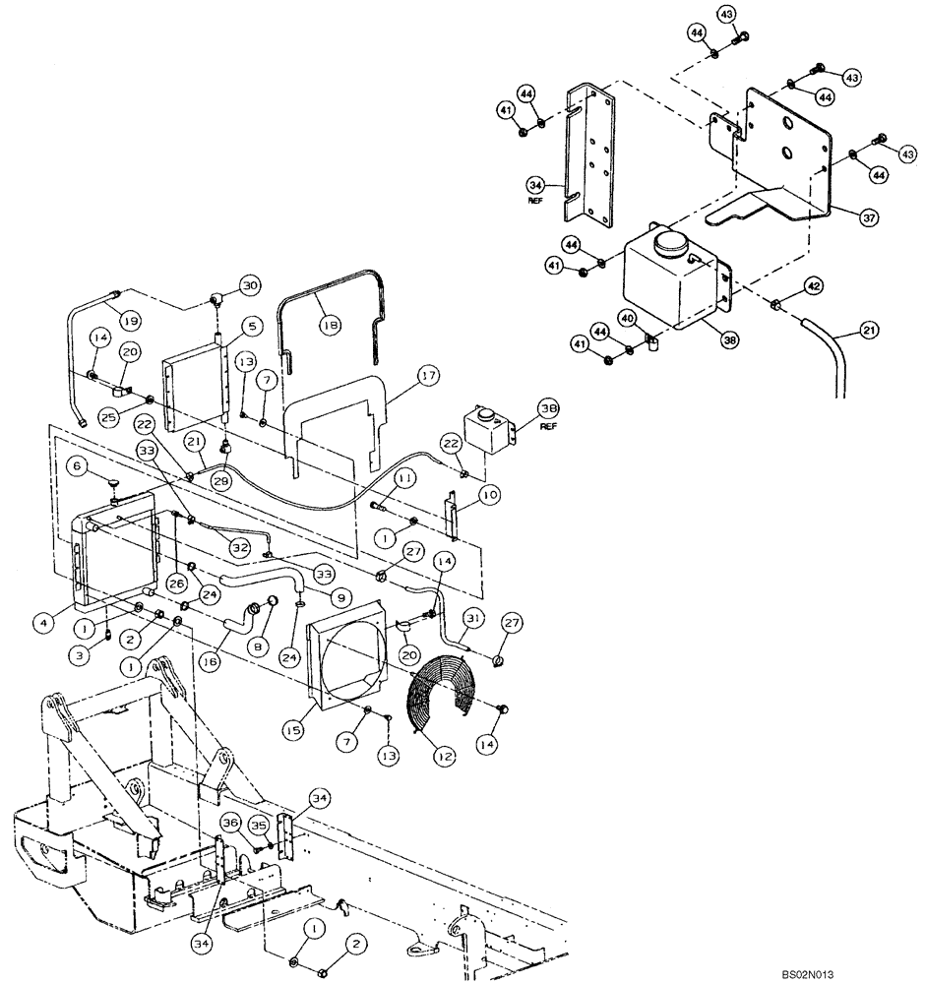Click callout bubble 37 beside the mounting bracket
pos(869,217)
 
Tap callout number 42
pos(813,286)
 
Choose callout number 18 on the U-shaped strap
pos(326,320)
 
